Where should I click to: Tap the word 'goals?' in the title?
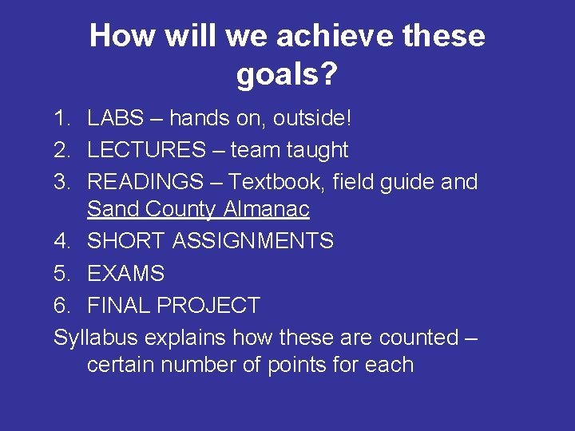pyautogui.click(x=287, y=76)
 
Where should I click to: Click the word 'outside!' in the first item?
pyautogui.click(x=312, y=119)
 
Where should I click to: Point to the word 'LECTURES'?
pyautogui.click(x=146, y=150)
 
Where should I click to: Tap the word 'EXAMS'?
pyautogui.click(x=125, y=274)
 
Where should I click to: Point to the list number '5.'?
pyautogui.click(x=63, y=274)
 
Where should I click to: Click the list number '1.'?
pyautogui.click(x=63, y=119)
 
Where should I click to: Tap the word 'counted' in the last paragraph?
pyautogui.click(x=418, y=338)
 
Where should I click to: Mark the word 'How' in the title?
pyautogui.click(x=120, y=36)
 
